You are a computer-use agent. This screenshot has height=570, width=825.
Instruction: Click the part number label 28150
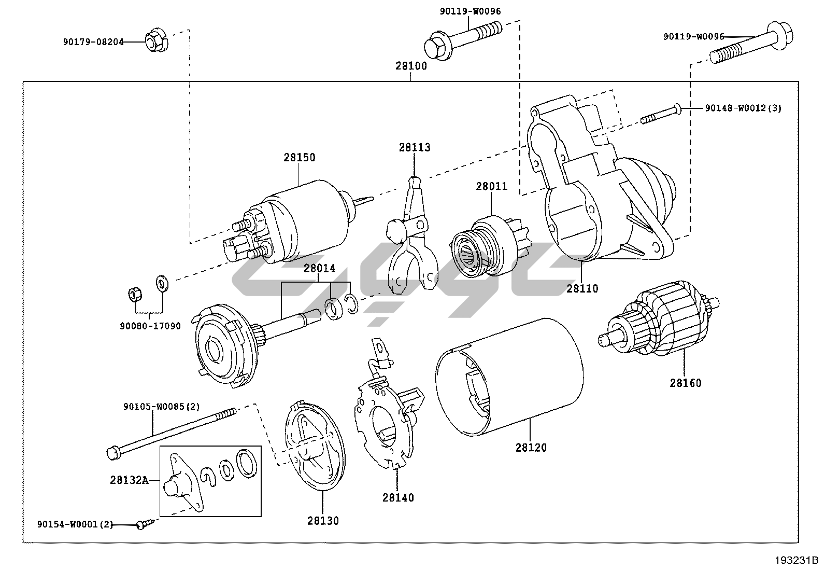(299, 158)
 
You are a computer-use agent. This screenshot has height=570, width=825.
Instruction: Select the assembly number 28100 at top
(411, 66)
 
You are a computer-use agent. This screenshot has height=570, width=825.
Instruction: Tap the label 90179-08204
(93, 42)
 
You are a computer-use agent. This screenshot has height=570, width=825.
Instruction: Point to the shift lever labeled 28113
(412, 236)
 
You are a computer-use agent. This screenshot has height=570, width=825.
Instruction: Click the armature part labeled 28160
(658, 318)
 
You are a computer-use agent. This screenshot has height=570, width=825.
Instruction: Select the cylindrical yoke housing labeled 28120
(509, 377)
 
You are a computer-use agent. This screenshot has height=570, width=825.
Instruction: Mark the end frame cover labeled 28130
(315, 446)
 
